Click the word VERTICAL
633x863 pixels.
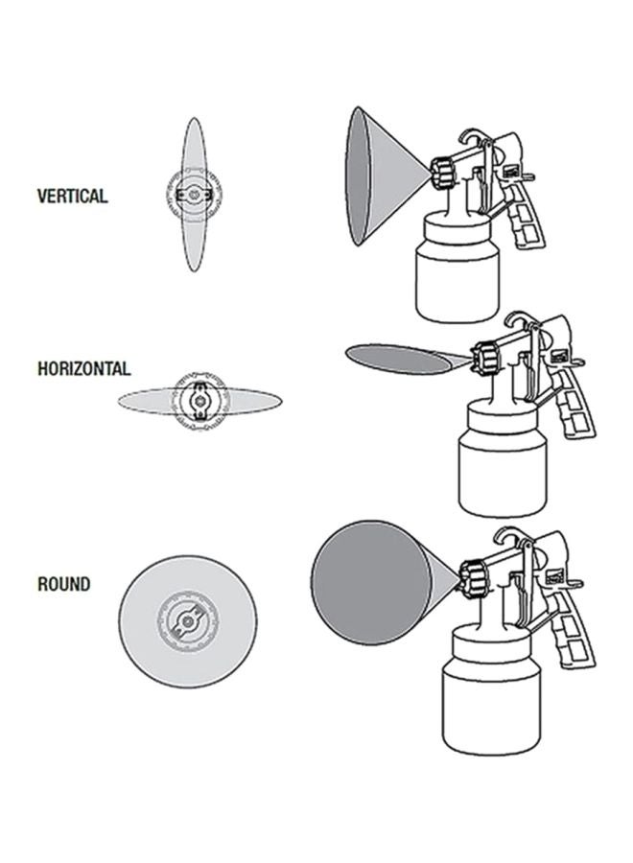pos(72,196)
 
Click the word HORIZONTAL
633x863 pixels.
pos(83,367)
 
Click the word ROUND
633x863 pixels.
pos(63,584)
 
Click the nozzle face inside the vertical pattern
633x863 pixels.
pos(194,197)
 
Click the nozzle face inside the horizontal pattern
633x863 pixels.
pos(200,398)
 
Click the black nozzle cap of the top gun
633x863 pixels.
pos(441,173)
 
